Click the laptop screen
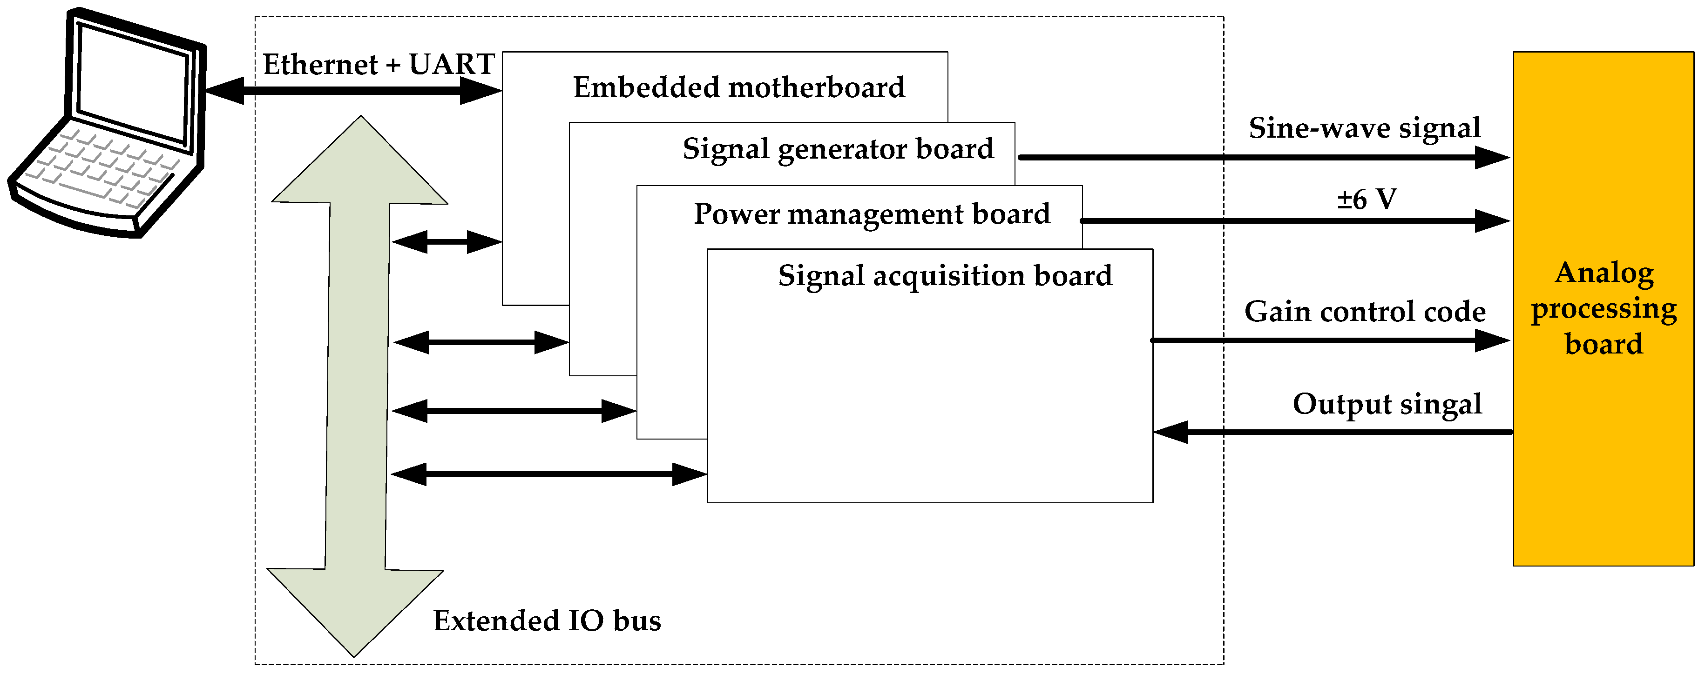coord(132,83)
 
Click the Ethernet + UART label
coord(379,65)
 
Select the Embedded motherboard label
coord(738,87)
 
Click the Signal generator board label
coord(838,149)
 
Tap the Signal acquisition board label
coord(945,276)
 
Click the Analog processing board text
coord(1604,308)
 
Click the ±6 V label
coord(1366,199)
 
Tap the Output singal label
coord(1387,404)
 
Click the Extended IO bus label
coord(547,621)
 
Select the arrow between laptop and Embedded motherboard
coord(353,91)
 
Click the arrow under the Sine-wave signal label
coord(1258,157)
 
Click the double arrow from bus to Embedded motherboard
coord(447,242)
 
